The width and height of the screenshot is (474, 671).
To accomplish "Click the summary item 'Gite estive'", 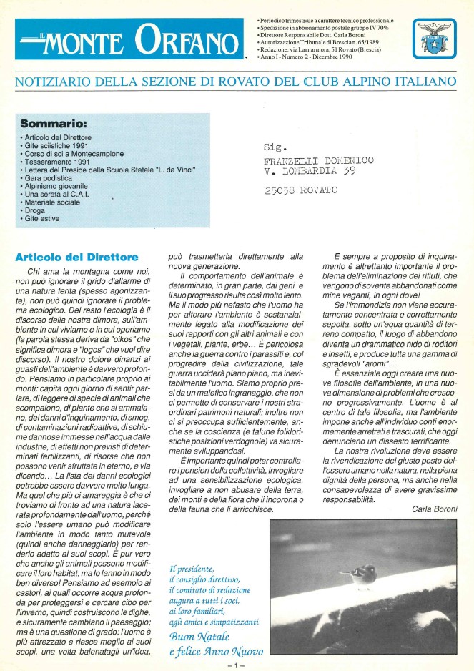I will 43,218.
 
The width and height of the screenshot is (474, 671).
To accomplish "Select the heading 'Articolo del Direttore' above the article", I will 76,256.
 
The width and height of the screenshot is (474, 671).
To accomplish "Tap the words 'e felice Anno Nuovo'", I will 216,652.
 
